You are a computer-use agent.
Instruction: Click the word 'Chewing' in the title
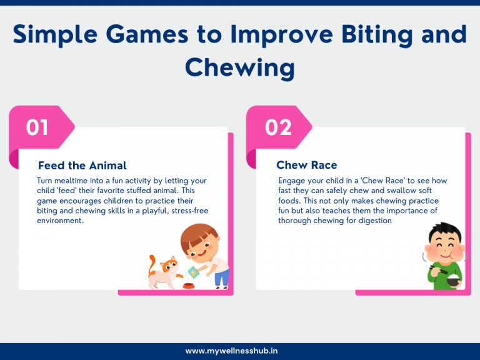(240, 67)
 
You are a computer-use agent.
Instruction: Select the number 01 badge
(37, 127)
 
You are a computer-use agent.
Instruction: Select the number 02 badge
(277, 127)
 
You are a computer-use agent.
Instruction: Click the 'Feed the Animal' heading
(82, 166)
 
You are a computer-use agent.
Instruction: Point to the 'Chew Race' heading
(307, 166)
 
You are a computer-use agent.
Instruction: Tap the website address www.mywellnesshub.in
(240, 351)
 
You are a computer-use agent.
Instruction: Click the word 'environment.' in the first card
(60, 221)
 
